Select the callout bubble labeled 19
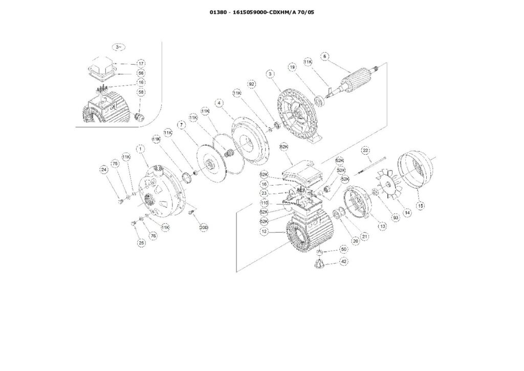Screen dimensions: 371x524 pos(292,67)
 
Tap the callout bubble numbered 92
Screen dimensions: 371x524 pos(252,83)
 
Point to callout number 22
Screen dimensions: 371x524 pos(365,150)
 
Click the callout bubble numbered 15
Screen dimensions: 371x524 pos(421,206)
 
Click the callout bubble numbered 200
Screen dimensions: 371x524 pos(203,227)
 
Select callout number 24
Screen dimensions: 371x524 pos(104,169)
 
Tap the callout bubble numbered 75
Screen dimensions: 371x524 pos(115,163)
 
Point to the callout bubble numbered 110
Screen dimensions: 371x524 pos(265,202)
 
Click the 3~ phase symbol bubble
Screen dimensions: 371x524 pos(119,47)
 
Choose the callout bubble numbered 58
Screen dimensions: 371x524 pos(141,92)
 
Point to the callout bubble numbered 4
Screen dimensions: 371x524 pos(219,103)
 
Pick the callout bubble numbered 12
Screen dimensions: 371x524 pos(265,232)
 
